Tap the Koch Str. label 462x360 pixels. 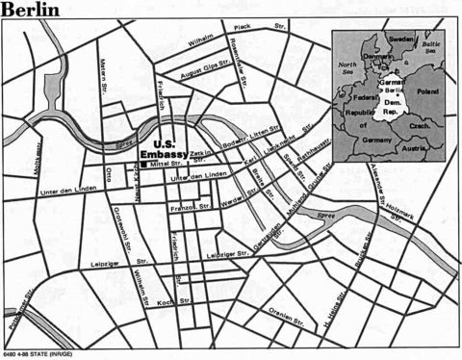pos(165,301)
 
